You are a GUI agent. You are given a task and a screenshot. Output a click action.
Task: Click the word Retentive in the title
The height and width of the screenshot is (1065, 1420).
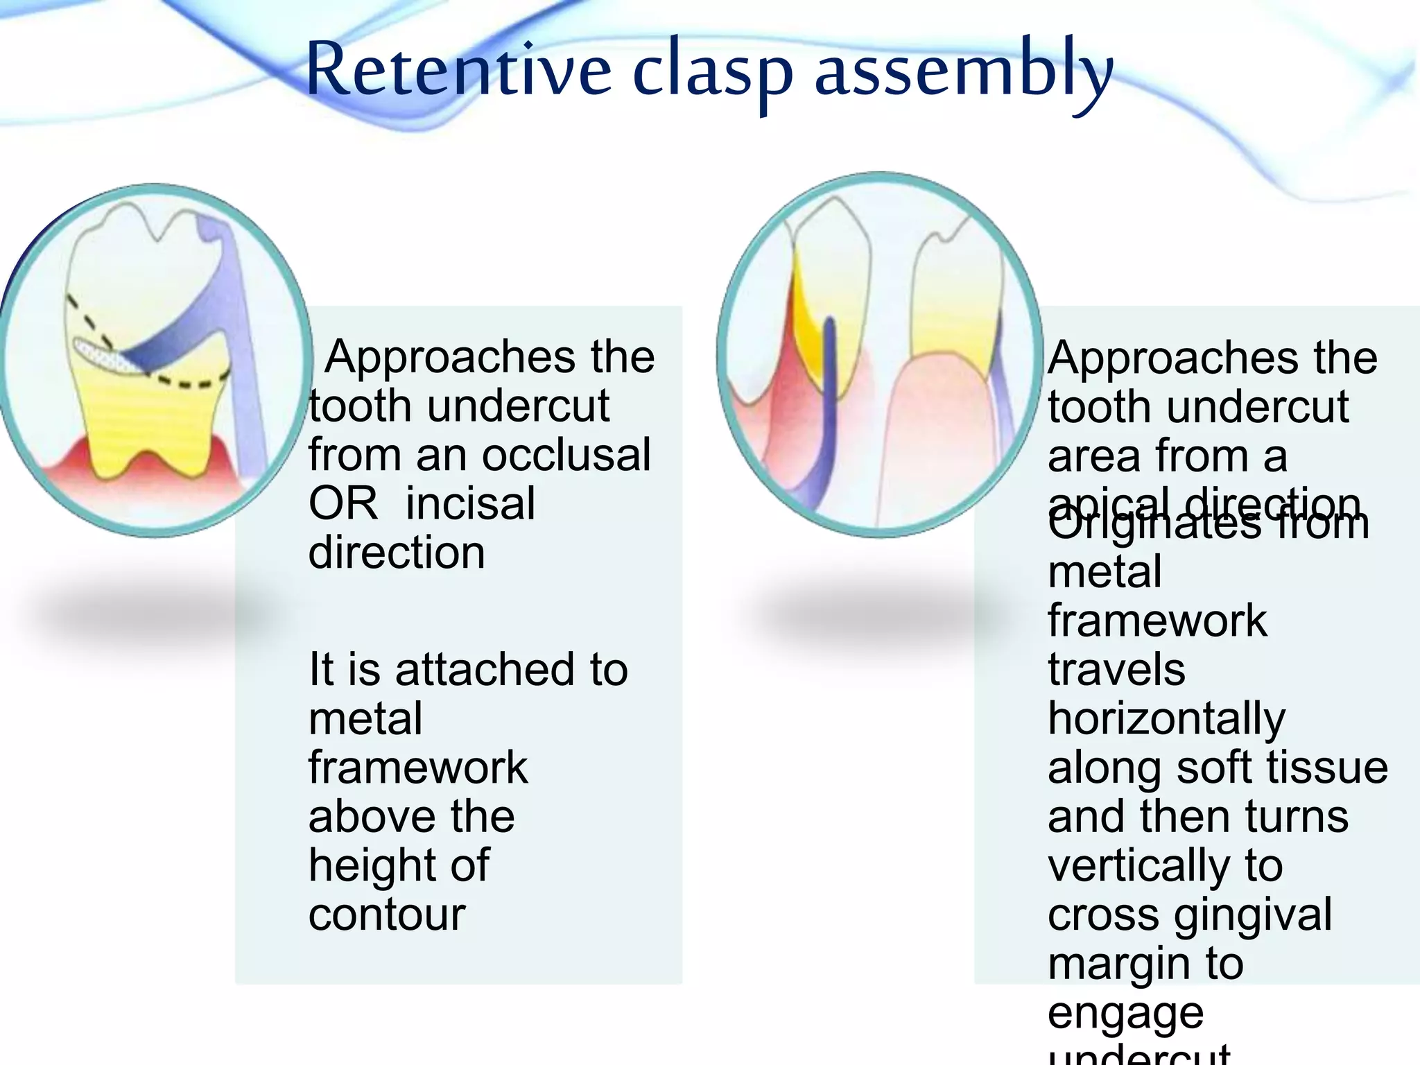pos(458,69)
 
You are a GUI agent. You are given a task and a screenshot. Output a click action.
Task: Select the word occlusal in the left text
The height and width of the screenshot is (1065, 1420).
pos(566,455)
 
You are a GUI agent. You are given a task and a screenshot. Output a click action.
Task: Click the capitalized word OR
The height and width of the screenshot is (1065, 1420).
pos(343,503)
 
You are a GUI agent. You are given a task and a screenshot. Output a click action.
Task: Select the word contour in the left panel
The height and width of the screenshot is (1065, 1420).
pos(387,915)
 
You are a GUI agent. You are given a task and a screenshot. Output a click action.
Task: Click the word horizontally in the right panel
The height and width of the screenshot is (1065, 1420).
pos(1166,719)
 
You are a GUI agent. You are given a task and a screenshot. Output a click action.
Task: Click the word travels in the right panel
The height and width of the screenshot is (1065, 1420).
pos(1116,670)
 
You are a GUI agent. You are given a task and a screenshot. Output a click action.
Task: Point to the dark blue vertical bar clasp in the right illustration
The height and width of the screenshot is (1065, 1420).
pos(829,374)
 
